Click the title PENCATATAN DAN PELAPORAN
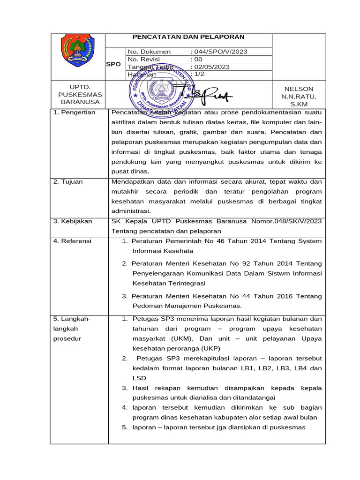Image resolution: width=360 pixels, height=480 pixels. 188,37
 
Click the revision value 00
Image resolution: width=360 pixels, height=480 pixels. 198,59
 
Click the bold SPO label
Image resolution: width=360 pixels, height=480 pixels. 113,64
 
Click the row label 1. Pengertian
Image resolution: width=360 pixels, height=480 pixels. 75,112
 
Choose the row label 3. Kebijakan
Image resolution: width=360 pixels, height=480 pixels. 73,221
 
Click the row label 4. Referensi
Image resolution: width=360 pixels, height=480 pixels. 73,241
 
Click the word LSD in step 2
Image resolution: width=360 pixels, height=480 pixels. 139,378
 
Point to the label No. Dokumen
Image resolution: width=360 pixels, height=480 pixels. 150,52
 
